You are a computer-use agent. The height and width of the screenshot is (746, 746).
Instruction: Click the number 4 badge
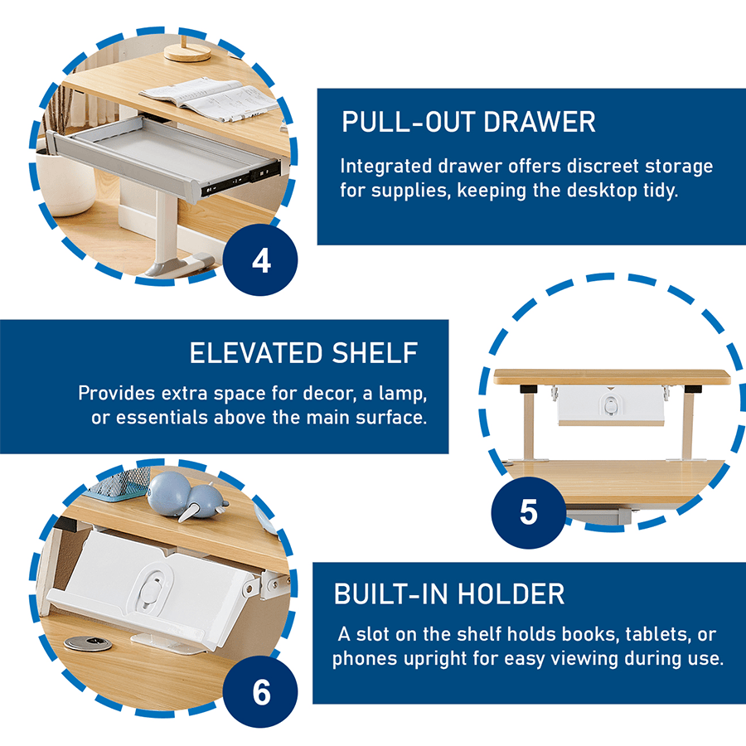pos(261,261)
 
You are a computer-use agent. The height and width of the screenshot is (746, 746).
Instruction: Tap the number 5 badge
pos(528,511)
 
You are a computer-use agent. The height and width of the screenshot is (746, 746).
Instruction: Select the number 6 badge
pos(261,692)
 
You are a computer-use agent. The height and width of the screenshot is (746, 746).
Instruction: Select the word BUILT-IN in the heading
pos(393,593)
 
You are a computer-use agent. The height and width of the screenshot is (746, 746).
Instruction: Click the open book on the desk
pos(207,98)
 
